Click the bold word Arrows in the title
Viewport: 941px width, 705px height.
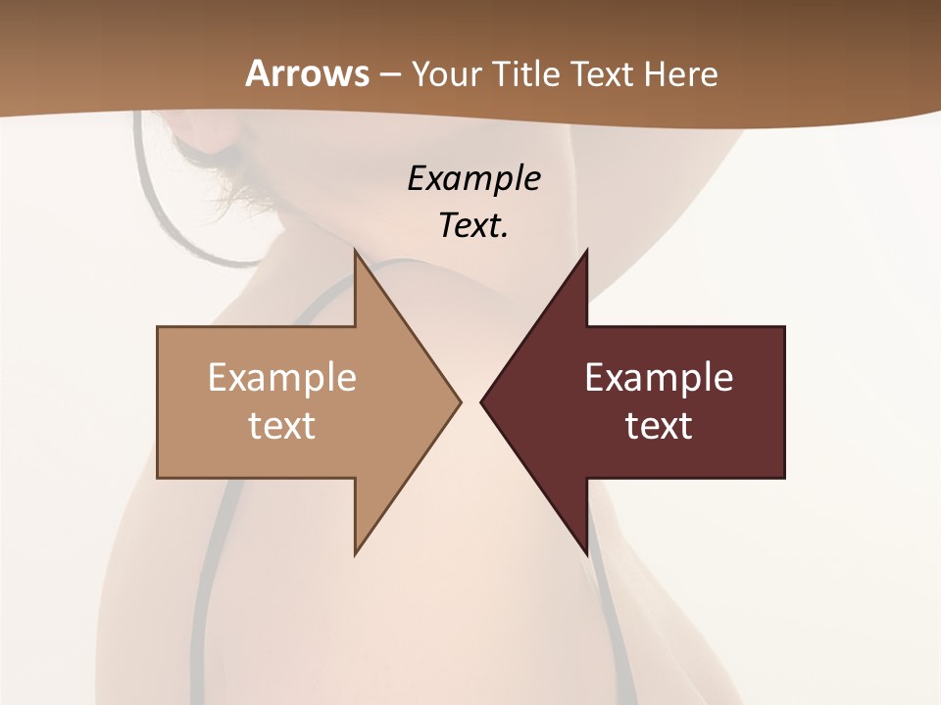tap(306, 73)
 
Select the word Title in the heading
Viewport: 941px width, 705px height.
tap(527, 74)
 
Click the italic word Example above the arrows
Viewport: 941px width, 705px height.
tap(473, 180)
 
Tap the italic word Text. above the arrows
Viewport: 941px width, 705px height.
tap(473, 226)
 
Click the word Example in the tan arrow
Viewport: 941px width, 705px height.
tap(282, 378)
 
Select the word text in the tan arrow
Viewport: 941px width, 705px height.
tap(282, 426)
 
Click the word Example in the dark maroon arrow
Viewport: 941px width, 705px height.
tap(659, 378)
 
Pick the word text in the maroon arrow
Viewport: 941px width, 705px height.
tap(659, 426)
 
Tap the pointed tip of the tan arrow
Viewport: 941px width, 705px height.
tap(460, 401)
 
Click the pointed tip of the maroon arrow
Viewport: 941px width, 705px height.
tap(481, 401)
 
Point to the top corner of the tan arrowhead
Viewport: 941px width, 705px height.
tap(356, 251)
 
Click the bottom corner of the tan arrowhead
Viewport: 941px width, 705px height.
tap(356, 553)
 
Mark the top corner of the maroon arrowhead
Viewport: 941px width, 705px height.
tap(586, 251)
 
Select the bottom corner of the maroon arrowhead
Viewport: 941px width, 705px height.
tap(586, 553)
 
